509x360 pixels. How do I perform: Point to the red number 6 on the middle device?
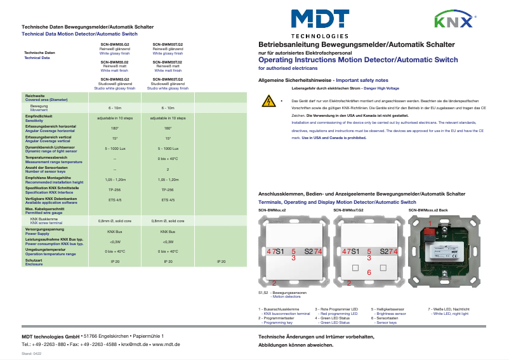coord(369,272)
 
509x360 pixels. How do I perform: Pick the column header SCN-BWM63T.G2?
coord(168,80)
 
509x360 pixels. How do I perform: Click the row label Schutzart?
coord(34,260)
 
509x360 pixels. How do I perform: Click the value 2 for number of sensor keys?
coord(168,170)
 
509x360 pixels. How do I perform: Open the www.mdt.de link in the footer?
coord(167,343)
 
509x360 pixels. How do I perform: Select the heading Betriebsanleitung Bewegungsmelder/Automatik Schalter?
coord(356,44)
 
